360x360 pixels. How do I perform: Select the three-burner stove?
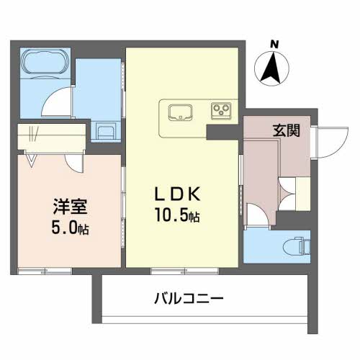pos(220,111)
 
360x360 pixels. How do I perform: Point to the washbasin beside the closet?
pos(104,132)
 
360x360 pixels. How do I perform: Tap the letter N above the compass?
pos(274,44)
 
